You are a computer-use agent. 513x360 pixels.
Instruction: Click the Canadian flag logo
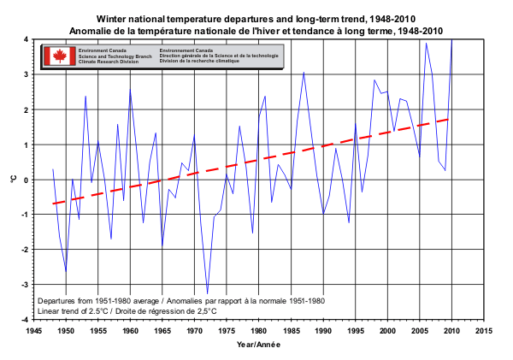(60, 56)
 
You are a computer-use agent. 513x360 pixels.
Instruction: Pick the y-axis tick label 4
(27, 39)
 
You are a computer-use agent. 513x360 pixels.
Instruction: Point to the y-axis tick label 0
(27, 180)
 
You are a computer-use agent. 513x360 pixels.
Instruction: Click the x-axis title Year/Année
(258, 344)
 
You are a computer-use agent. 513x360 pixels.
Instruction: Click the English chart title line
(259, 18)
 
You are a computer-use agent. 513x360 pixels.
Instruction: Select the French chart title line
(259, 30)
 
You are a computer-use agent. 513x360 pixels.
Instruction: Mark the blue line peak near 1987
(304, 73)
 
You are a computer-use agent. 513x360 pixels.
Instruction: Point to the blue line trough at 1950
(66, 272)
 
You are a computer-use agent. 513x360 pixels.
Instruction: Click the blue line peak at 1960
(130, 89)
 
